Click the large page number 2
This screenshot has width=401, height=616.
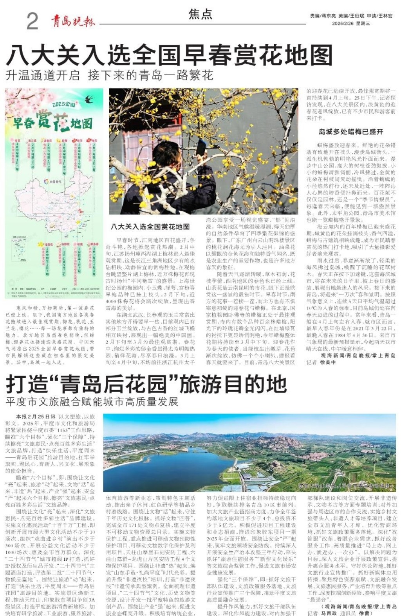point(32,21)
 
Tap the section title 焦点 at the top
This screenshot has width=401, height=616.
point(200,14)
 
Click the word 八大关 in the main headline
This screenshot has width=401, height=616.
point(44,55)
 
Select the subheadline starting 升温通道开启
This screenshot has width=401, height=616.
point(109,75)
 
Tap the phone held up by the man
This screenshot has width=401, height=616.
point(201,147)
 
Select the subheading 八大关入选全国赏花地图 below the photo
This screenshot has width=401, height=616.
point(150,226)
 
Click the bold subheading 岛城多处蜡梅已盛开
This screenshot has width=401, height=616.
point(350,132)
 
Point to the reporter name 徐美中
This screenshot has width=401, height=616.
point(328,362)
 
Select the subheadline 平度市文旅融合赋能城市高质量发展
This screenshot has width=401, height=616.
point(92,402)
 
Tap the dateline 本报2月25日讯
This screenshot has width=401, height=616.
point(36,417)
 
